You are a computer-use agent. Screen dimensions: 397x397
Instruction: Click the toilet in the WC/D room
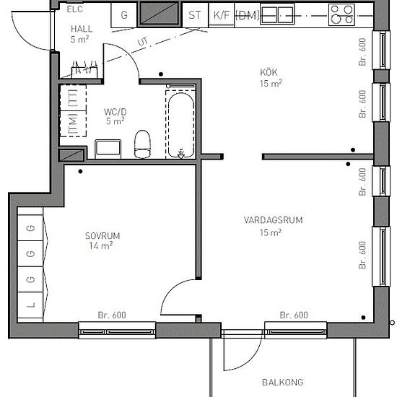(x=142, y=144)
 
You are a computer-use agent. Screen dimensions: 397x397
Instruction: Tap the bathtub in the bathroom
(x=180, y=126)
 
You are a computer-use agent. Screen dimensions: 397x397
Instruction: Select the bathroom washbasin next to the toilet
(x=108, y=149)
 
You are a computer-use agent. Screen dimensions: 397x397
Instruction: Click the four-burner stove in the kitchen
(x=341, y=15)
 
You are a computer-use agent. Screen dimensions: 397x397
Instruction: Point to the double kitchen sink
(x=277, y=15)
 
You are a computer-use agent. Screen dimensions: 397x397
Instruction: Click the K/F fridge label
(x=222, y=15)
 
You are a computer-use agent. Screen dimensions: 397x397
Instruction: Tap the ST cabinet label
(x=194, y=15)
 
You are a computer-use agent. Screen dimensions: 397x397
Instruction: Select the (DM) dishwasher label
(x=248, y=15)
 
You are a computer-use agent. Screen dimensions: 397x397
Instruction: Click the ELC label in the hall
(x=74, y=9)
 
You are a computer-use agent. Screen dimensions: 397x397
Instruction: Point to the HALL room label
(x=82, y=29)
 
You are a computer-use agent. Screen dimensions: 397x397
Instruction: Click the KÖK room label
(x=269, y=72)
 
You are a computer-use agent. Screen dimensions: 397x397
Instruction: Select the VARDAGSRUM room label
(x=273, y=220)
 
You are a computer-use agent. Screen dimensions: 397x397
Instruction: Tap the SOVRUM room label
(x=102, y=236)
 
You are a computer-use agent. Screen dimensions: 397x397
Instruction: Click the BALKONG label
(x=282, y=383)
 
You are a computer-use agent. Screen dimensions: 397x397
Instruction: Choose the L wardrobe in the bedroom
(x=30, y=305)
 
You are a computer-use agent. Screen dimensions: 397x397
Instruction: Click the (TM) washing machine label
(x=73, y=124)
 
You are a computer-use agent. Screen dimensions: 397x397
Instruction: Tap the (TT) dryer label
(x=73, y=98)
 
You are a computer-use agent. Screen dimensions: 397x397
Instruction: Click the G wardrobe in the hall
(x=124, y=15)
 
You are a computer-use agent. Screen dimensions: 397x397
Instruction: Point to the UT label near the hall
(x=143, y=42)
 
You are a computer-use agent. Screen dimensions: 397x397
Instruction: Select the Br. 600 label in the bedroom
(x=112, y=315)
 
